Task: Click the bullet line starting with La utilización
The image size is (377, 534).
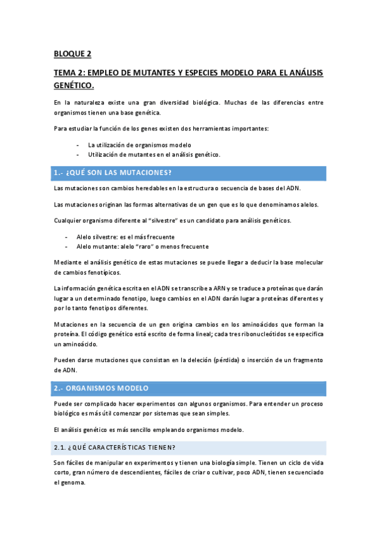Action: pyautogui.click(x=135, y=145)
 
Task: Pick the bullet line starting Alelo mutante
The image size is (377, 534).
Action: pyautogui.click(x=142, y=246)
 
